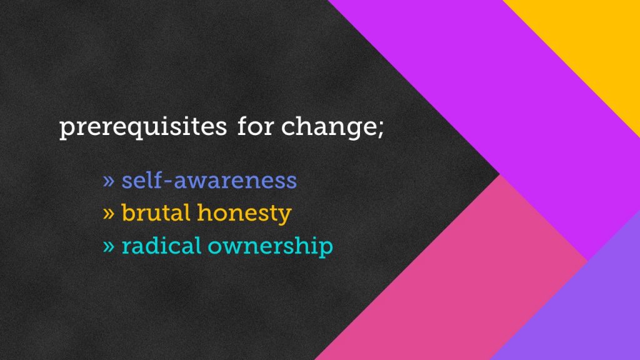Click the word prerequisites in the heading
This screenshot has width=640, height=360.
coord(143,127)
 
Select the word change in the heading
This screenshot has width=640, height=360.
coord(329,127)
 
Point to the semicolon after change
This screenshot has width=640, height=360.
coord(381,129)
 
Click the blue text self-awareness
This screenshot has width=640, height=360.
coord(209,180)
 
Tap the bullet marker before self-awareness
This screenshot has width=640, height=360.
coord(109,181)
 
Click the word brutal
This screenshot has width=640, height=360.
coord(156,212)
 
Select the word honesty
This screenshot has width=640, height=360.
coord(244,214)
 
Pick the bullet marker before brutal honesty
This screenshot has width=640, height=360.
coord(109,214)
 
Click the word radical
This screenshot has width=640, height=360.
coord(161,246)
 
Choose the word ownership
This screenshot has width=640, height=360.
coord(270,247)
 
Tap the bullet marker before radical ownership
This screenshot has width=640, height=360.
coord(109,246)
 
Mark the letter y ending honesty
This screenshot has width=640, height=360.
coord(284,216)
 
